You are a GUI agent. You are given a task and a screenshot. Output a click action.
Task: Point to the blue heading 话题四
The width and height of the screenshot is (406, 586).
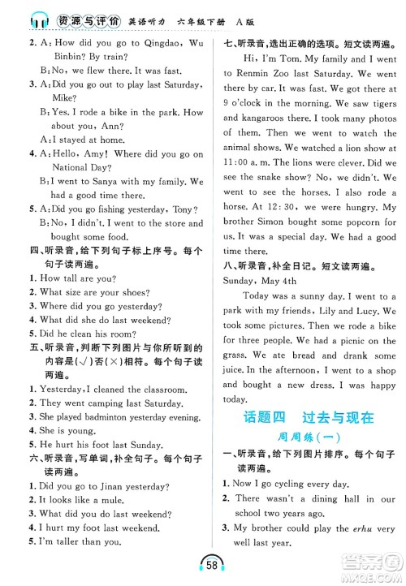click(x=266, y=419)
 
